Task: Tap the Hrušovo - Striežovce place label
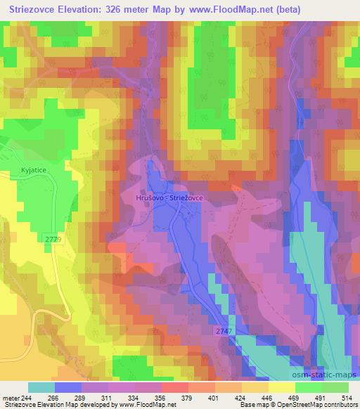169,199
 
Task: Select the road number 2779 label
52,240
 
